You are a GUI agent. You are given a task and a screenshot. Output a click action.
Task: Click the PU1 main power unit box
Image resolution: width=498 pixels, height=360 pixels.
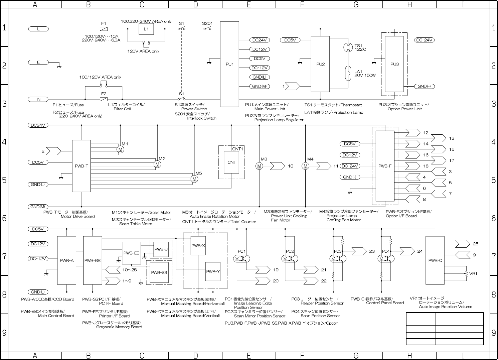tap(229, 64)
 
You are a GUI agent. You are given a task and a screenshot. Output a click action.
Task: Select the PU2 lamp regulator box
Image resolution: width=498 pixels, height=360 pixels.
tap(320, 64)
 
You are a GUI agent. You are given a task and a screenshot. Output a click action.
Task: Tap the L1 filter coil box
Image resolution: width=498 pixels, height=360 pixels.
tap(146, 29)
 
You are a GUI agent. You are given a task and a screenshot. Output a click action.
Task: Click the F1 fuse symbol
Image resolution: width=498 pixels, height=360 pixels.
tap(104, 29)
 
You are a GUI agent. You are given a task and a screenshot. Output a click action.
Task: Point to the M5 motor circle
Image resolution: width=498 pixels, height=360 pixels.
tap(194, 179)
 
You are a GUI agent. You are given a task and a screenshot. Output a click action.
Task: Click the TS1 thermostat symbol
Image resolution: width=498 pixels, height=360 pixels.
tap(348, 47)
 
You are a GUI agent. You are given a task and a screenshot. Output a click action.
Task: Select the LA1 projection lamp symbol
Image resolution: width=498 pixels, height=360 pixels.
tap(348, 74)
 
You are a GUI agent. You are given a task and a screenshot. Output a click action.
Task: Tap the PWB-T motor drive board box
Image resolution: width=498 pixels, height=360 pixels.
tap(81, 166)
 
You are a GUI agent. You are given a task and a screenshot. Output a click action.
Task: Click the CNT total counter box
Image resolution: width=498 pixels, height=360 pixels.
tap(231, 162)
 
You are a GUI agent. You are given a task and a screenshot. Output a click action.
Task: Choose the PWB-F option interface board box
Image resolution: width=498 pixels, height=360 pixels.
tap(385, 166)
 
